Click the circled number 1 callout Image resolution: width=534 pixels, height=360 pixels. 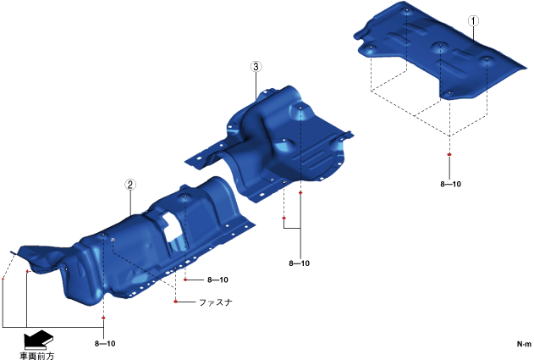(473, 21)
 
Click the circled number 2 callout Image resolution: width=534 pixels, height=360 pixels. (130, 185)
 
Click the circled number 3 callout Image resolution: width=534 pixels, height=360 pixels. (256, 66)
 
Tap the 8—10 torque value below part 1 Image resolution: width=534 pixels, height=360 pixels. (450, 184)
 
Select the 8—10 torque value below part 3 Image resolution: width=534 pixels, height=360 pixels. (299, 263)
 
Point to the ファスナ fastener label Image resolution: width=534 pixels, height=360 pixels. (215, 302)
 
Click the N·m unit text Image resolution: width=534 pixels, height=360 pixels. (524, 344)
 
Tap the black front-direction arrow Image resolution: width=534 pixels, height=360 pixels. (38, 339)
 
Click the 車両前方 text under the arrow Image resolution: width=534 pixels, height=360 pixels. (36, 356)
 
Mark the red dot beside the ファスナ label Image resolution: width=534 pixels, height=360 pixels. (175, 302)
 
